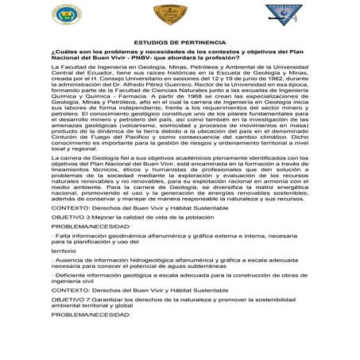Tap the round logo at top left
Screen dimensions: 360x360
pos(67,14)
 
